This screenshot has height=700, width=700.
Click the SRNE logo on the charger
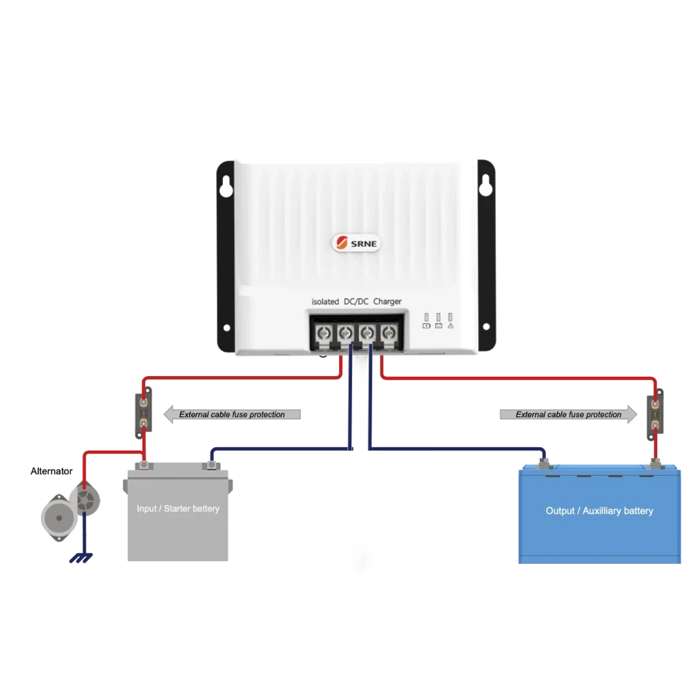(x=356, y=243)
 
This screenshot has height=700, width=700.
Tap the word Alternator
(x=51, y=471)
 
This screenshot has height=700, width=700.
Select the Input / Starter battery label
(x=178, y=509)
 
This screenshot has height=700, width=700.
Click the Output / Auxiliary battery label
(x=599, y=511)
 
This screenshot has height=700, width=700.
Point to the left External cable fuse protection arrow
(x=232, y=414)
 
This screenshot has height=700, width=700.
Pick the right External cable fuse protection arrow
(x=568, y=414)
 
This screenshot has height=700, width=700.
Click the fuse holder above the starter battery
(x=144, y=412)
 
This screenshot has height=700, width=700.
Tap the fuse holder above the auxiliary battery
(x=655, y=414)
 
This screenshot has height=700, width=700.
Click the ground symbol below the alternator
(x=81, y=558)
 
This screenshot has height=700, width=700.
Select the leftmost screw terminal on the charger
(x=323, y=334)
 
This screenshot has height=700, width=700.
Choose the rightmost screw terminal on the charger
(x=388, y=334)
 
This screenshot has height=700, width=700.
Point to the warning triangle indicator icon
(x=450, y=326)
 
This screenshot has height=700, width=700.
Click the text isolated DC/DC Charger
(x=356, y=301)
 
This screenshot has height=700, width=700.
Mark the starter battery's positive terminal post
(x=144, y=465)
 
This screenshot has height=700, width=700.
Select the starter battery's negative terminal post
(x=211, y=465)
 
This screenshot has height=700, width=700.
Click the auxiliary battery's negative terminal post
(x=543, y=463)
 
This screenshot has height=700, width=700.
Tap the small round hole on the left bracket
(x=227, y=327)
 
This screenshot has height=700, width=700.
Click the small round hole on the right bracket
(x=486, y=327)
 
